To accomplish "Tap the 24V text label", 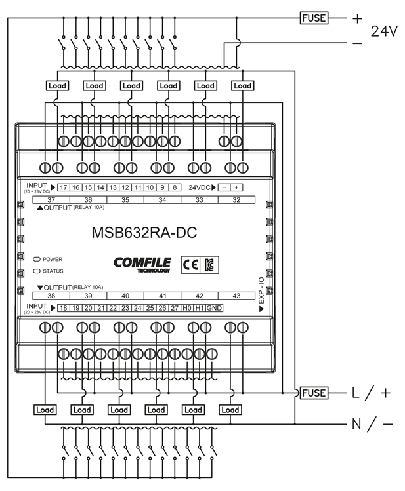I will (385, 31).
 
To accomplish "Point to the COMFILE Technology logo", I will (142, 264).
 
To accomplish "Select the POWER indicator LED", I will (37, 260).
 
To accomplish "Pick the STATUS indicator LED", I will (37, 270).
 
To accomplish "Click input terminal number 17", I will (64, 187).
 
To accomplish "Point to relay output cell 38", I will (51, 296).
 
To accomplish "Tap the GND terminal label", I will (214, 307).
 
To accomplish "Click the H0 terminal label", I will (188, 307).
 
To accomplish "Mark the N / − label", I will (372, 424).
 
